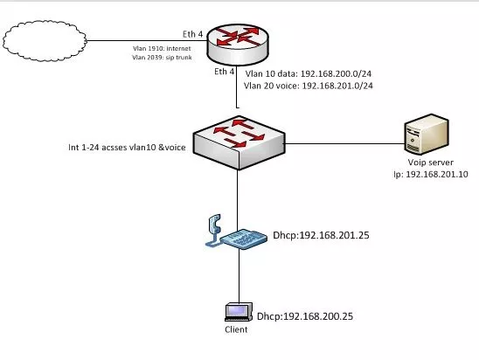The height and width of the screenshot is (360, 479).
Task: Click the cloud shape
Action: click(45, 41)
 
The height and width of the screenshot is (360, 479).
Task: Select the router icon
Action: click(238, 45)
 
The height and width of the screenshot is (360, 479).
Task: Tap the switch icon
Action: click(239, 142)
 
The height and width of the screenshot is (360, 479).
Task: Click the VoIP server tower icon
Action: click(427, 134)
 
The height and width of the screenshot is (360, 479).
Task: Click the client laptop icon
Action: click(239, 312)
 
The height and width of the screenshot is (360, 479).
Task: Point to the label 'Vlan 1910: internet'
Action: click(162, 49)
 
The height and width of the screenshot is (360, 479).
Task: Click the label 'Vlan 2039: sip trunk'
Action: click(162, 58)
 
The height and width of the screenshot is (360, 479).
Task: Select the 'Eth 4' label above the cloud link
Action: click(192, 34)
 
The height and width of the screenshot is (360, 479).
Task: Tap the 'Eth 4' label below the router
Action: click(225, 72)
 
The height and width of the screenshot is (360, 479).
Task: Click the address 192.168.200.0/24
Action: click(336, 73)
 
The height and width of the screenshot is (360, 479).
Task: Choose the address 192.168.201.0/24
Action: click(337, 86)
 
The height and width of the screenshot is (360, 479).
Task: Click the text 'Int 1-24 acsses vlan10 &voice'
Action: click(127, 148)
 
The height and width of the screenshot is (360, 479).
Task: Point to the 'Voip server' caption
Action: click(430, 163)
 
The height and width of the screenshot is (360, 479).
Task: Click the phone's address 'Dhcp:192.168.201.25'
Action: click(321, 235)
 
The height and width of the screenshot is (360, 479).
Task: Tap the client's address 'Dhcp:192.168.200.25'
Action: click(305, 316)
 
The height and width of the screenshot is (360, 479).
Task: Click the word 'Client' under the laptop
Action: click(236, 329)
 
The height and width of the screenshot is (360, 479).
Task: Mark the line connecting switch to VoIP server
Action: click(344, 143)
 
